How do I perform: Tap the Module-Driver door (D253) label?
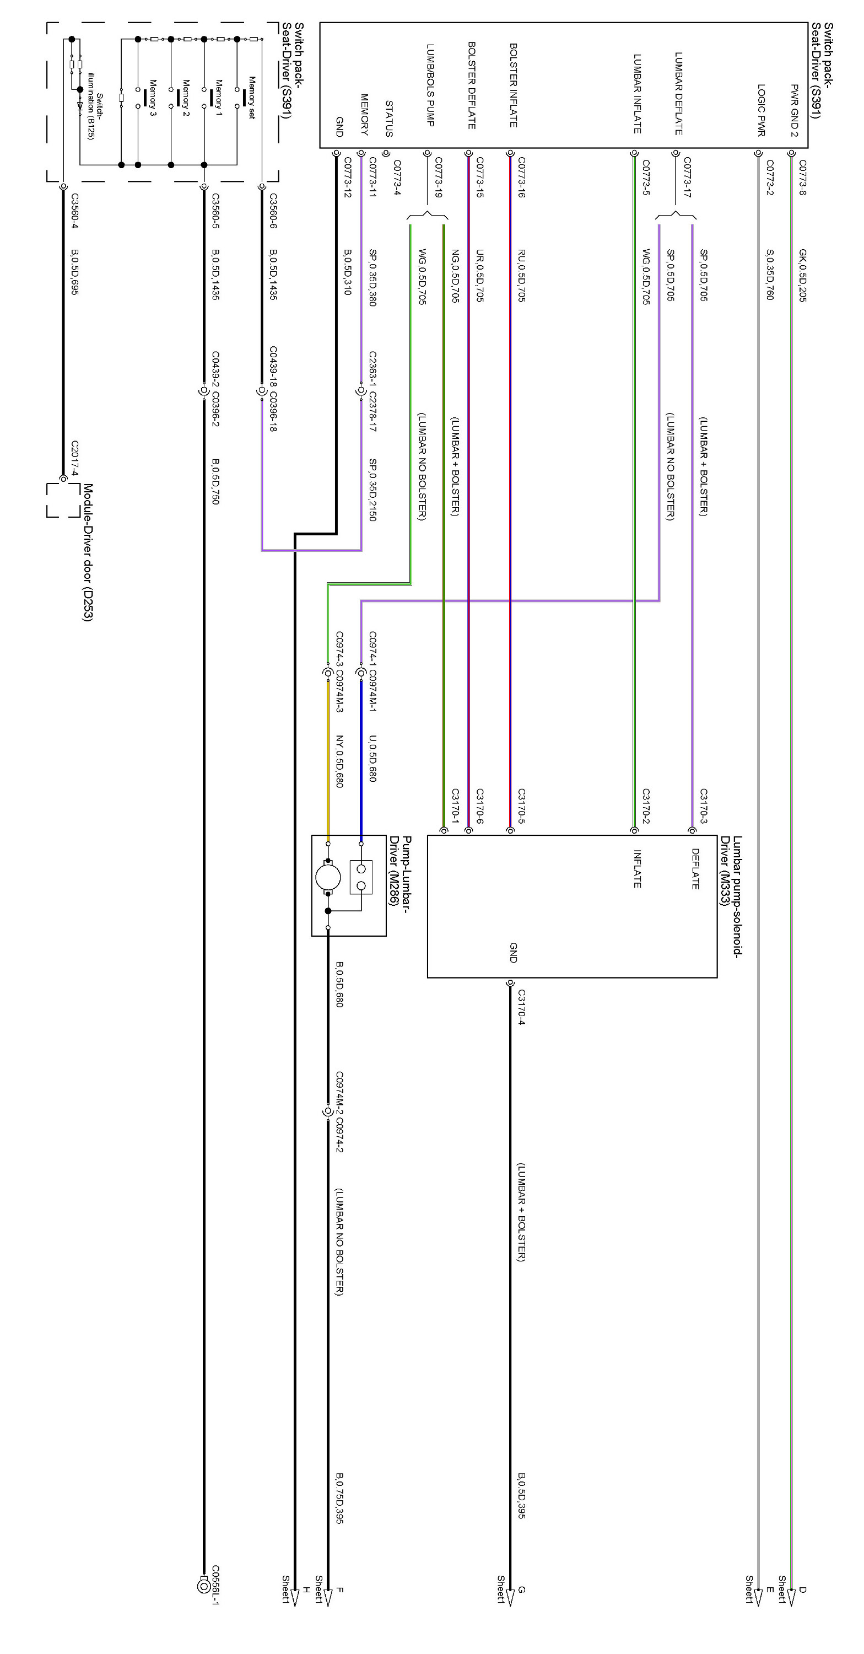[x=87, y=553]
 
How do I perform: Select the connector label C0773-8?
[x=802, y=178]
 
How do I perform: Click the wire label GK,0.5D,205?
[x=802, y=276]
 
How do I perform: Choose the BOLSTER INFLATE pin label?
[x=513, y=85]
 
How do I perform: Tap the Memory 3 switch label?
[x=153, y=98]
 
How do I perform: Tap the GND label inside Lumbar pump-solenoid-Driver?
[x=513, y=952]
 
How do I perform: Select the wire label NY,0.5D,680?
[x=339, y=761]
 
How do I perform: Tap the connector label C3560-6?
[x=273, y=211]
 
